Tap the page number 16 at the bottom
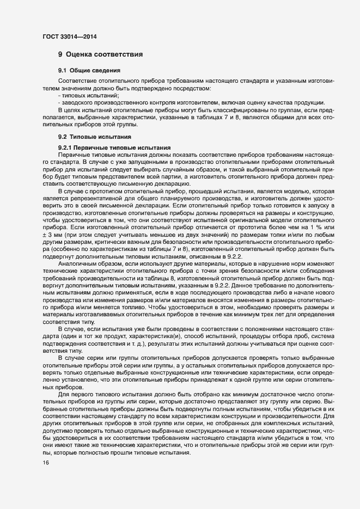tap(46, 463)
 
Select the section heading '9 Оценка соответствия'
tap(101, 54)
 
